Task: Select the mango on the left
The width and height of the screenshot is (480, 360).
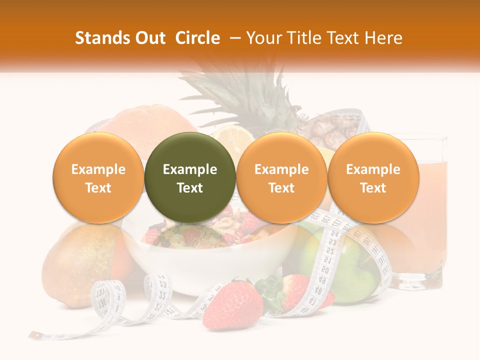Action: (75, 265)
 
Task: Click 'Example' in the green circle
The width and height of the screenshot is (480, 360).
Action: (190, 169)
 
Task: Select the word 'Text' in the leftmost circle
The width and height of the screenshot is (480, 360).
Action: (98, 188)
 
